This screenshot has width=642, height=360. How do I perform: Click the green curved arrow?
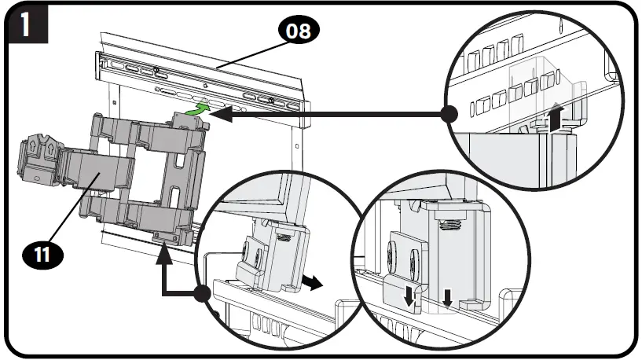click(x=201, y=108)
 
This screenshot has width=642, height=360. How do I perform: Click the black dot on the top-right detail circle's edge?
click(x=449, y=115)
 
